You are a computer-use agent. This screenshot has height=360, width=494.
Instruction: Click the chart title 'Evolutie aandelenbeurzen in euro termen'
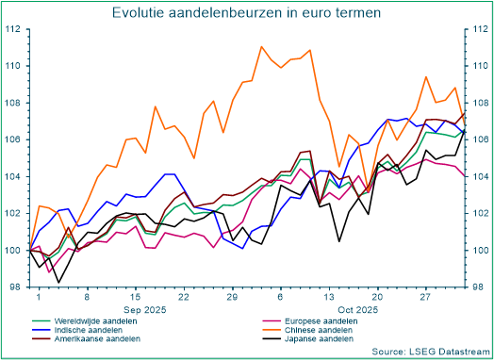coord(247,13)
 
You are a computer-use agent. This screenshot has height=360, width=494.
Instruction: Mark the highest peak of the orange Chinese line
coord(261,46)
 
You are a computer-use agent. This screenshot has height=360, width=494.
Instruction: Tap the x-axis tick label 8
coord(87,297)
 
